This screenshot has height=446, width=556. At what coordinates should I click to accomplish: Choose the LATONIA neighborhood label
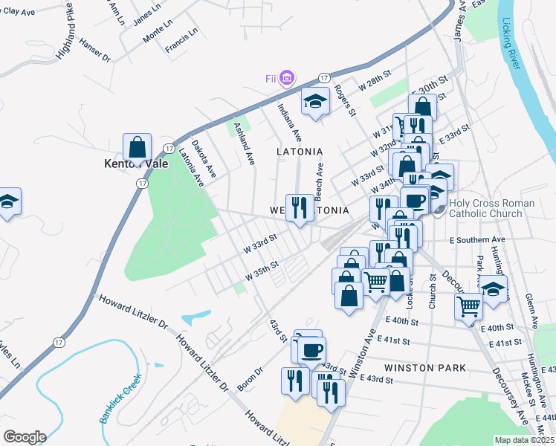coord(300,151)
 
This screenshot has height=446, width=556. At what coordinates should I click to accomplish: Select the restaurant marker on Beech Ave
coord(299,207)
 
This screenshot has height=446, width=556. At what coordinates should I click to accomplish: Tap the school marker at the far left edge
coord(8,201)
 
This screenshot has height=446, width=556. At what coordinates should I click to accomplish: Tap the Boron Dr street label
coord(250,379)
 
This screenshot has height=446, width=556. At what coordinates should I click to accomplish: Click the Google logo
coord(24,437)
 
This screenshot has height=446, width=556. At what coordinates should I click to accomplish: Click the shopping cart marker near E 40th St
coord(469,306)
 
